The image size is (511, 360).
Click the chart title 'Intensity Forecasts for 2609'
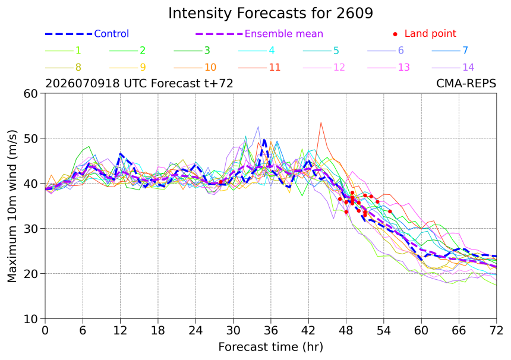(x=270, y=13)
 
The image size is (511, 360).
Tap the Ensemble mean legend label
(x=283, y=33)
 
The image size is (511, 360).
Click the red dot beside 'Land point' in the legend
(x=395, y=34)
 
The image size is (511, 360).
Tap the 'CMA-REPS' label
(x=466, y=84)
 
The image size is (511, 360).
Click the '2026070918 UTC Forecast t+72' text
(x=139, y=84)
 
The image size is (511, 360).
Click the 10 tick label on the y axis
(x=31, y=319)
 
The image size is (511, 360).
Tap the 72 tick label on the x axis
(x=496, y=331)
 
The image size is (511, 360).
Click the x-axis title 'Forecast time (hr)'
(x=270, y=347)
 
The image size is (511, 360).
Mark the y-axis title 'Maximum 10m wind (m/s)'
(x=12, y=206)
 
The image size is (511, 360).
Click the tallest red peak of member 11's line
(x=321, y=123)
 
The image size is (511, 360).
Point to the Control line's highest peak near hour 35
(x=264, y=140)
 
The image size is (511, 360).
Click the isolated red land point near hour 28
(x=220, y=182)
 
